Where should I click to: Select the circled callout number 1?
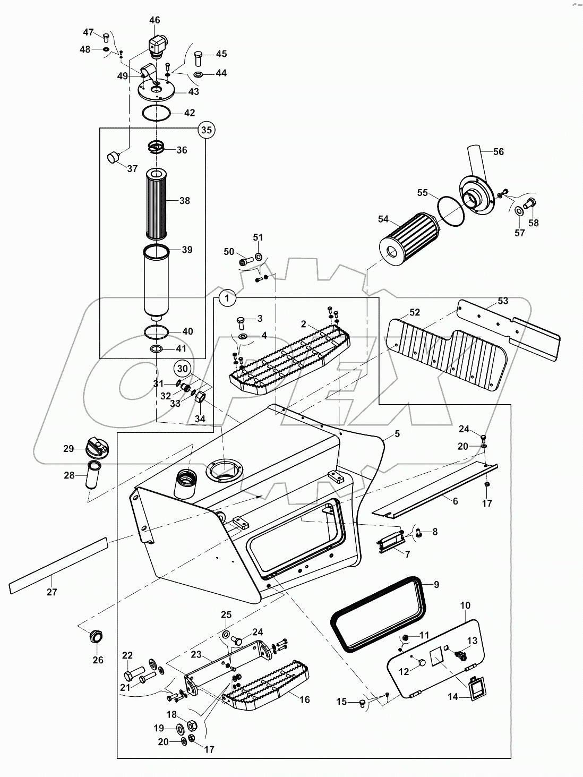click(x=227, y=298)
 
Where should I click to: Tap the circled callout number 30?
click(x=183, y=368)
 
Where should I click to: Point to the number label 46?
click(x=155, y=20)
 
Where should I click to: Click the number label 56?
click(x=498, y=152)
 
